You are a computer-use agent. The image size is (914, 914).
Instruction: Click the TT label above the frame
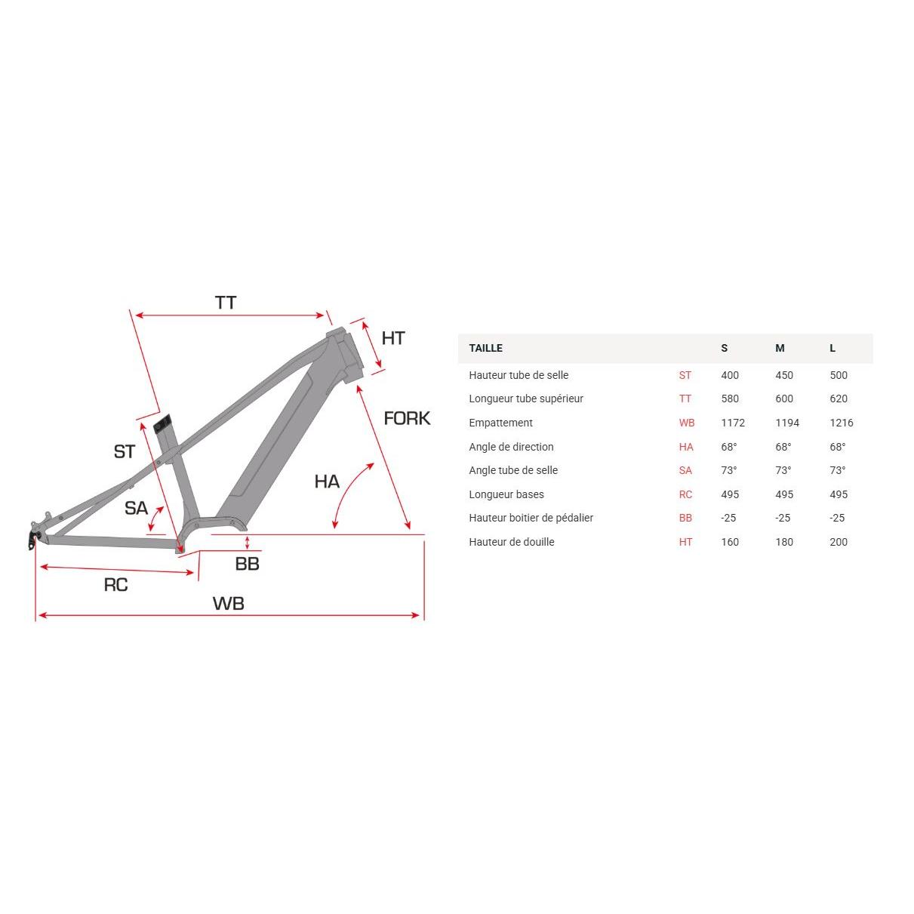point(226,303)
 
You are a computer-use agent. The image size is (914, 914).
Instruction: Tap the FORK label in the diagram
point(407,418)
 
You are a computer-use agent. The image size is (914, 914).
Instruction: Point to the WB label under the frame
point(228,603)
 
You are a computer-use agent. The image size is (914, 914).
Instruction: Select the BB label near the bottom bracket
point(247,564)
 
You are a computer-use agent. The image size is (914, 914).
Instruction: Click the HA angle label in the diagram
point(327,482)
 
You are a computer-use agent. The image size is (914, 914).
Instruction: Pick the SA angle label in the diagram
point(136,508)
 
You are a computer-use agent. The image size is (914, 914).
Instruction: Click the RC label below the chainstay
point(115,585)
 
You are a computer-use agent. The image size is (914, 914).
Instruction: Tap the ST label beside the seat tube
point(125,451)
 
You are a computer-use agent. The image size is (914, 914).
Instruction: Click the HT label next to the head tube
point(393,338)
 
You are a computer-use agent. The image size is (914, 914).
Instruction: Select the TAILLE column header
point(486,348)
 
